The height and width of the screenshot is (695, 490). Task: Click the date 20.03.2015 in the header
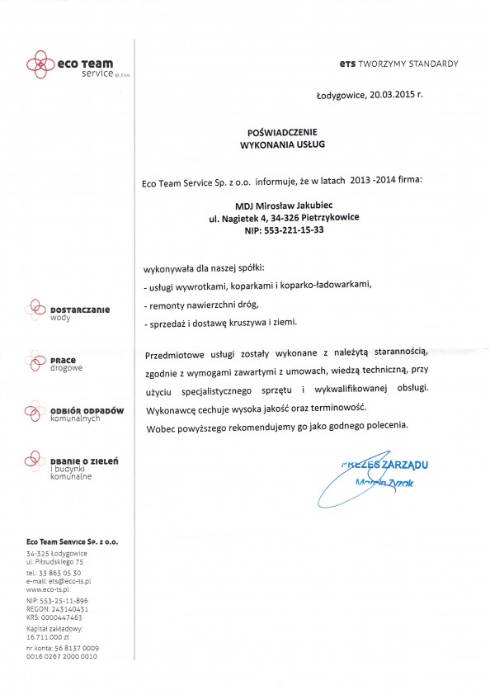391,95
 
